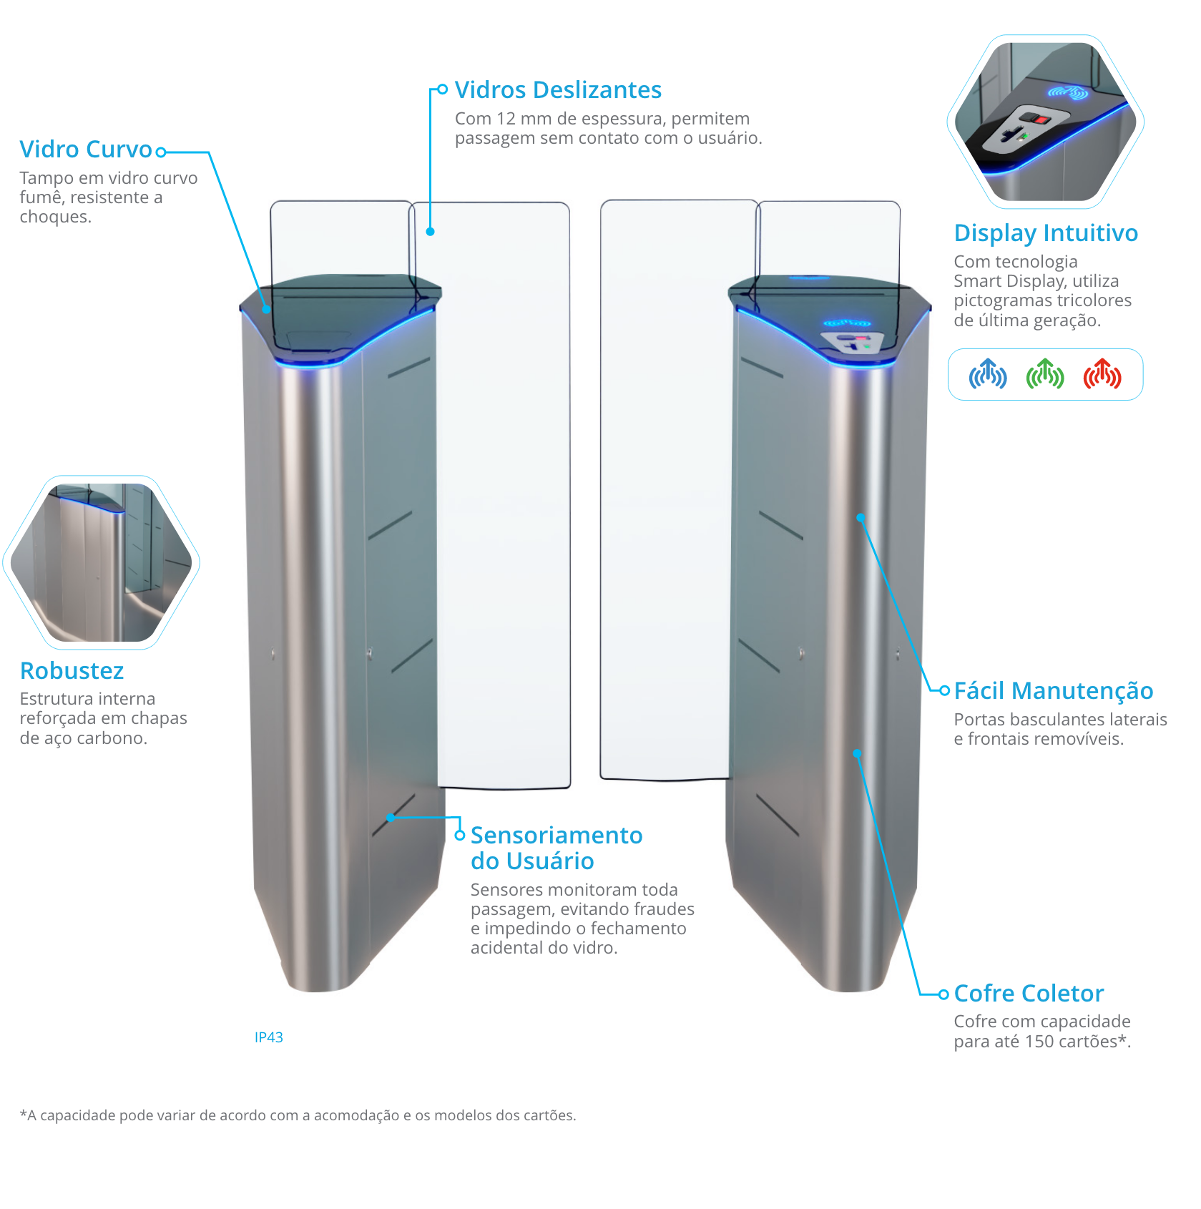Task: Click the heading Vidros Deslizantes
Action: (x=558, y=90)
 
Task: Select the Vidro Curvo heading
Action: (x=86, y=150)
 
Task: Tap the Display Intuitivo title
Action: (x=1046, y=233)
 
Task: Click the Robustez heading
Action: (x=72, y=671)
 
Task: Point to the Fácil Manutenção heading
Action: (x=1053, y=691)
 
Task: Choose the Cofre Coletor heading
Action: (x=1029, y=994)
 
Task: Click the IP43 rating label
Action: (x=269, y=1037)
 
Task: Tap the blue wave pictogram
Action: (x=988, y=374)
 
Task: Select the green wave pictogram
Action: (x=1045, y=374)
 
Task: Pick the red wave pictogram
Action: (x=1102, y=374)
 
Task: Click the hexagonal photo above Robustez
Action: (x=101, y=562)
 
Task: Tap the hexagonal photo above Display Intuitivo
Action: (x=1045, y=122)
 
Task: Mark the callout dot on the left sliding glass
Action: (x=430, y=231)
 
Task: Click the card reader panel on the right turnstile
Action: (x=852, y=342)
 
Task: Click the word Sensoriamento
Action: (x=557, y=836)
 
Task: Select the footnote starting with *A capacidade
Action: (x=298, y=1115)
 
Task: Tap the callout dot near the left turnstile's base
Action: (x=391, y=817)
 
